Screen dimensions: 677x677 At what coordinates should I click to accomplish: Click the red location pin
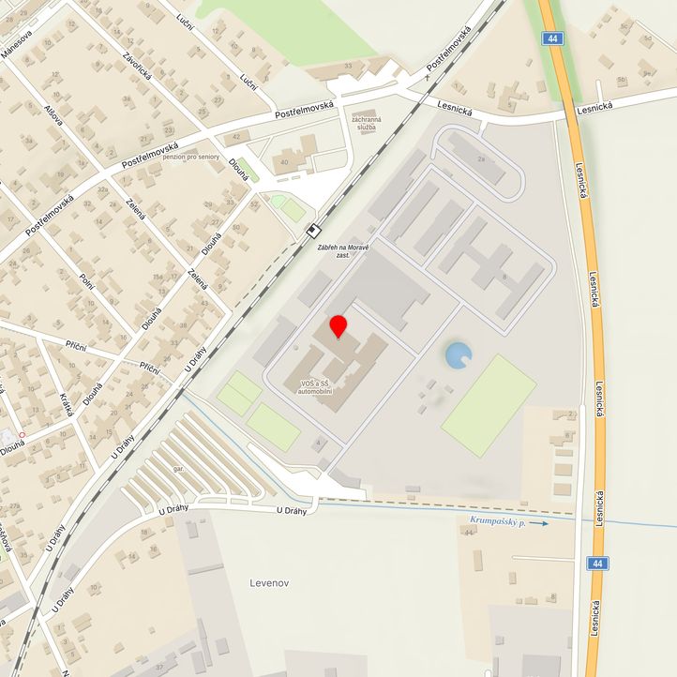338,327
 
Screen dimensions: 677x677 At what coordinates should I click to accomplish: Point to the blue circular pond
458,354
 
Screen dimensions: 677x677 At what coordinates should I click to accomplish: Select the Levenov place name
270,582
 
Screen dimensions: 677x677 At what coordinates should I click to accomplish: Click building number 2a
482,159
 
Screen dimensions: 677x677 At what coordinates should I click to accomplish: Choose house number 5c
624,27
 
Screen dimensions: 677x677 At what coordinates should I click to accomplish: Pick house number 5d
648,38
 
